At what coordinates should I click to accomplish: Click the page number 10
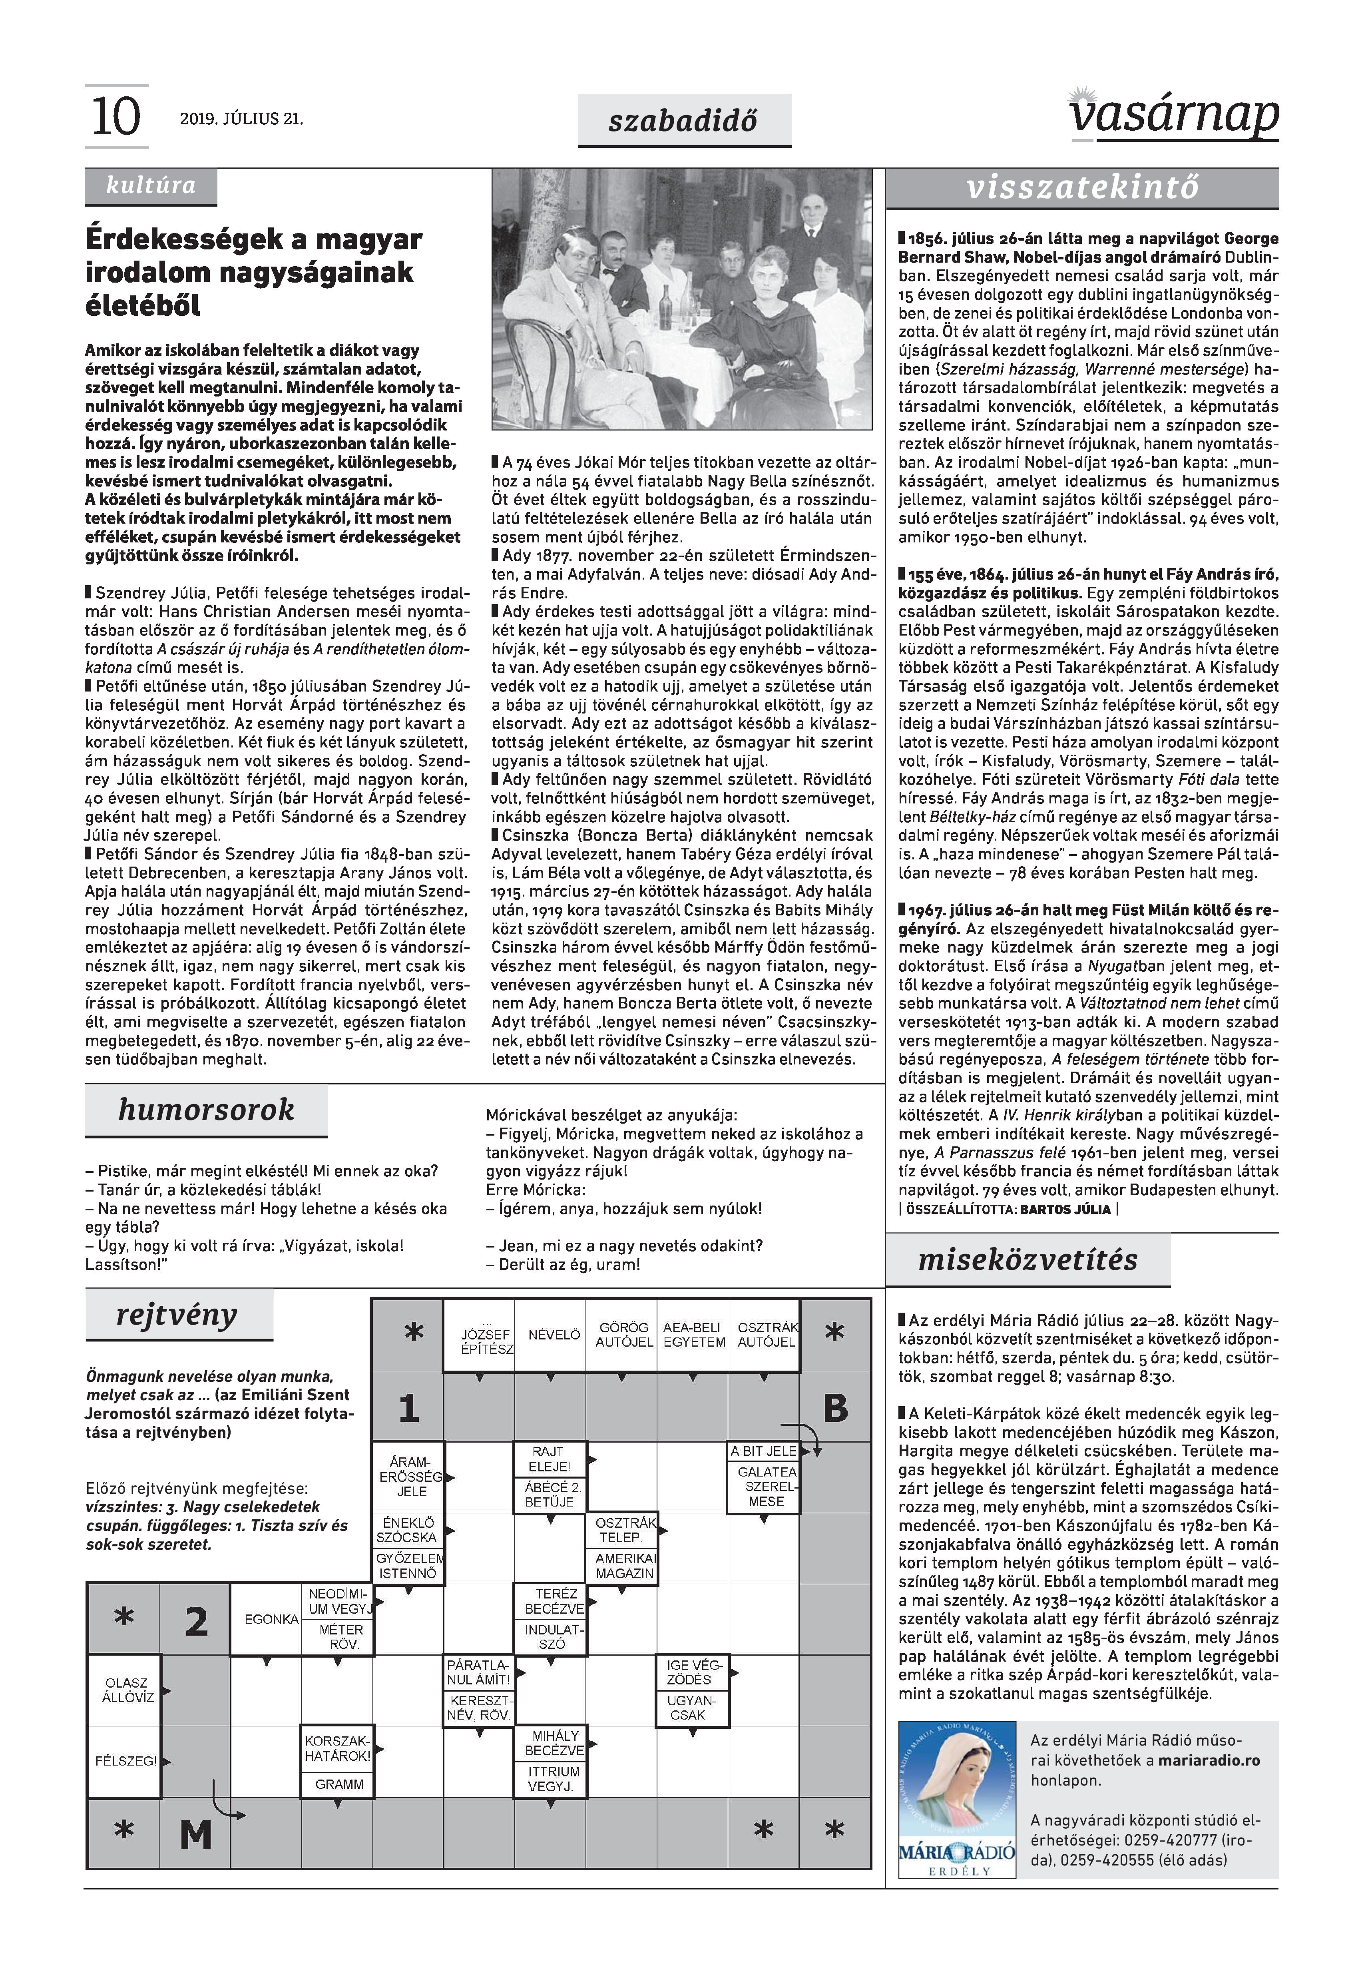click(x=115, y=117)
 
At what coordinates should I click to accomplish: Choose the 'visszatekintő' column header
click(x=1082, y=188)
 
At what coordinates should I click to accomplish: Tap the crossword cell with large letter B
click(x=835, y=1408)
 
